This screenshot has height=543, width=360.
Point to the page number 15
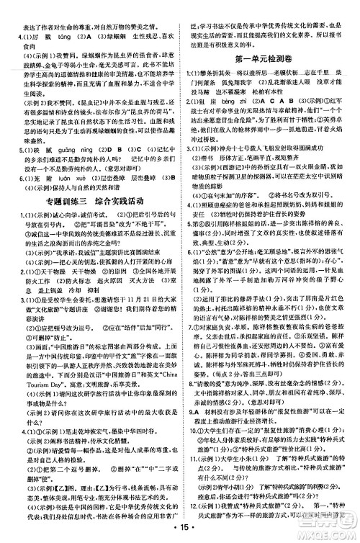(180, 531)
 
